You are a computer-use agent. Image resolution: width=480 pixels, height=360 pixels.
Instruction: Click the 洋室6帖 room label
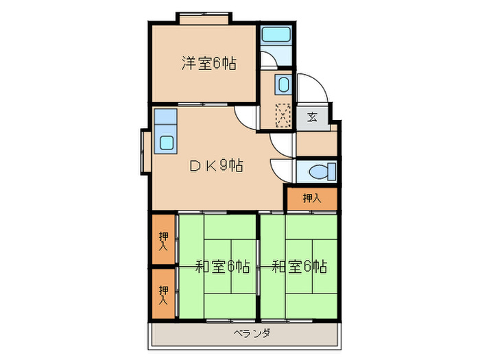coord(209,64)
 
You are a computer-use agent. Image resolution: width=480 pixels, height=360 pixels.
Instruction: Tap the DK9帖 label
coord(215,165)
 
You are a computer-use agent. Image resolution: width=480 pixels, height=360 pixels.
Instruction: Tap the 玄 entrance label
coord(312,116)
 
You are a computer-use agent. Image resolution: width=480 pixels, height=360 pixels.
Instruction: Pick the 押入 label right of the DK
coord(312,198)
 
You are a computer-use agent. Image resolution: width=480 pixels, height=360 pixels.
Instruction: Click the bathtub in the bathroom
coord(277,35)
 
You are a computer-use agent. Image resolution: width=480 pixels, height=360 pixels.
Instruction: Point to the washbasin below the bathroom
coord(283,84)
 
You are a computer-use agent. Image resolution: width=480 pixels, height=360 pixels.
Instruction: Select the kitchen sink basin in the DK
coord(167,143)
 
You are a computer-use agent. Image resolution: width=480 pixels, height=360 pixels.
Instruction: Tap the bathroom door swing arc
coord(269,60)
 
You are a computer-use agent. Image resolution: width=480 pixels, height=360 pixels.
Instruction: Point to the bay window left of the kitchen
coord(145,151)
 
